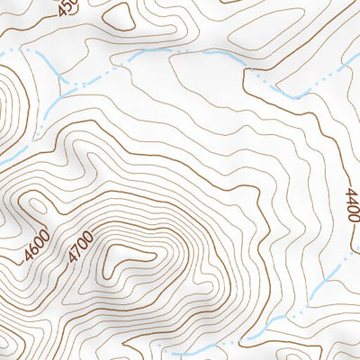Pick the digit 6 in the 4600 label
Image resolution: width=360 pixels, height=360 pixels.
pos(36,245)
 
